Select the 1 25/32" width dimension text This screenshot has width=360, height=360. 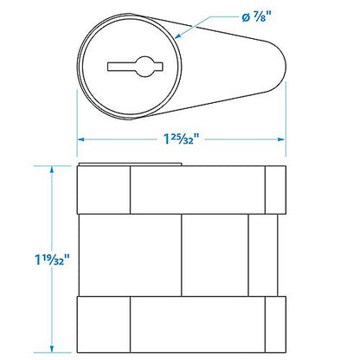[x=182, y=137]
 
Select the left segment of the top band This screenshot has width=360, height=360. [x=104, y=190]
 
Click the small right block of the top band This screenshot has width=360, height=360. [x=274, y=190]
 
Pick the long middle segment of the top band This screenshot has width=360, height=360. [x=197, y=190]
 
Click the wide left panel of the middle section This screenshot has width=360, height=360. [x=130, y=255]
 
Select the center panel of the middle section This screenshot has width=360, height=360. [x=215, y=255]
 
